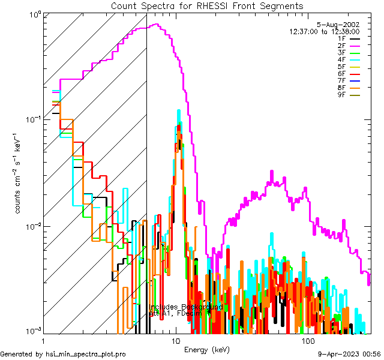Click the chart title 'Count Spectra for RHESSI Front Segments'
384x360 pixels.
point(207,5)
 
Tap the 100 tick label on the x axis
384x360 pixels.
point(308,341)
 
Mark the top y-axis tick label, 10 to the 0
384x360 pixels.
point(32,13)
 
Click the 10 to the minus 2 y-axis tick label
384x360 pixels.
point(31,226)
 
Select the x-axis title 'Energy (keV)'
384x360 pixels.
point(206,349)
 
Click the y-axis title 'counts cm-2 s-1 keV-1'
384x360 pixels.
point(19,174)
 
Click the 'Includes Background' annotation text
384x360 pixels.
point(185,307)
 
